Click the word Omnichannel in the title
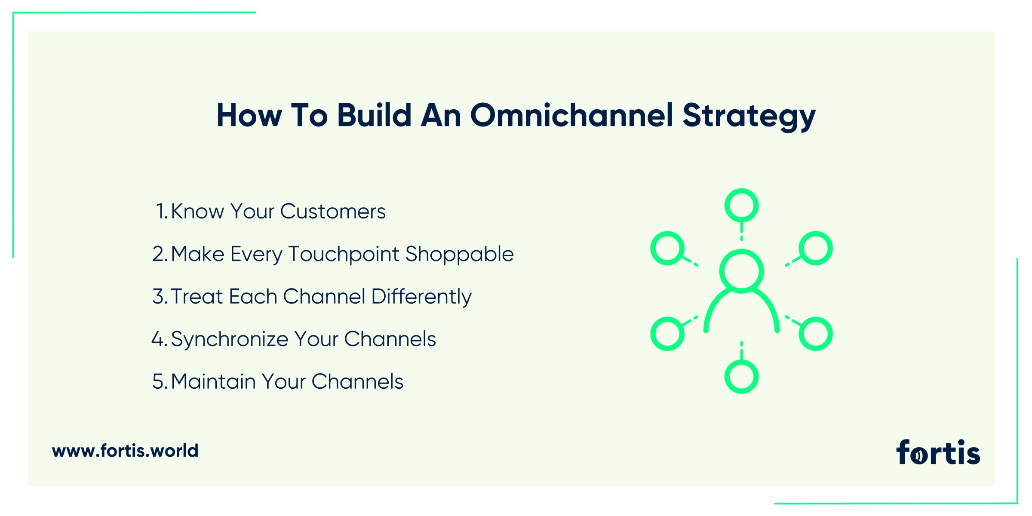coord(572,115)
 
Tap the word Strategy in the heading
coord(749,117)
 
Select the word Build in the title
coord(374,115)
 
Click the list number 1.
coord(162,211)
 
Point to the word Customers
coord(333,211)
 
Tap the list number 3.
coord(160,297)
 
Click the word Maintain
coord(213,381)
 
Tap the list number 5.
coord(160,382)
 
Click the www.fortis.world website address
coord(125,451)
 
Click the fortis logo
coord(938,452)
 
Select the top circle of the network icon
coord(741,206)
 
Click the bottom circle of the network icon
coord(741,377)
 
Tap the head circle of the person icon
coord(741,271)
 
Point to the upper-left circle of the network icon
coord(667,249)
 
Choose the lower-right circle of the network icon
coord(816,334)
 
